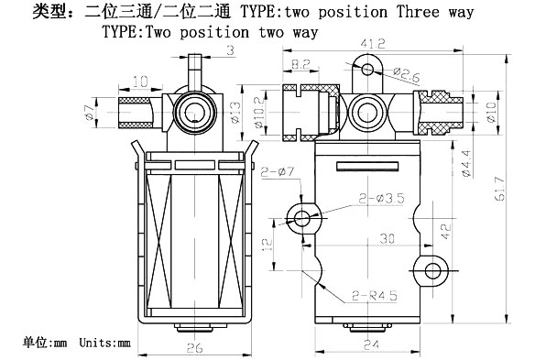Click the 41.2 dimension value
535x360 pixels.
373,43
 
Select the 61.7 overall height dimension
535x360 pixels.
499,189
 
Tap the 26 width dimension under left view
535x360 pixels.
195,347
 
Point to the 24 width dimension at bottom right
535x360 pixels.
371,344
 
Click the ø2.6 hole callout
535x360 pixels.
406,75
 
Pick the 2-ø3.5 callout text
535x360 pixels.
381,198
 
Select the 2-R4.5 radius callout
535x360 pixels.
375,296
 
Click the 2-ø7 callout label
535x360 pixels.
278,171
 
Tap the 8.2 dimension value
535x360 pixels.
300,64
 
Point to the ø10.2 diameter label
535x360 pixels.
259,113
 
